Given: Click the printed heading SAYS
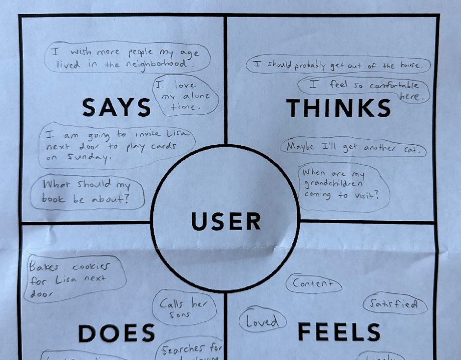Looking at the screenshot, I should (x=116, y=107).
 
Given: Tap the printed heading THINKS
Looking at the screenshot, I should (x=338, y=108).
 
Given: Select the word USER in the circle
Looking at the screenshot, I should (x=226, y=222).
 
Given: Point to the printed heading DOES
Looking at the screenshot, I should (x=117, y=334).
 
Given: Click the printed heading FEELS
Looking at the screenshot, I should (x=339, y=332).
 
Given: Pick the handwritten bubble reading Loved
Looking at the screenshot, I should (x=262, y=321).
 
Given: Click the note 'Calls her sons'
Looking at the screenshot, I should (x=184, y=309).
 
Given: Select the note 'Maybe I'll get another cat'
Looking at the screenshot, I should (x=353, y=147).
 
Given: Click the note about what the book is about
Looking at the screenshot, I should (x=87, y=192).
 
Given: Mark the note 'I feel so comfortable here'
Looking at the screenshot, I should (x=365, y=89).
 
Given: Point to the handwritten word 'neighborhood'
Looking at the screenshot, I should (x=158, y=65).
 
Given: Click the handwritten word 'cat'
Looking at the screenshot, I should (x=411, y=150).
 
